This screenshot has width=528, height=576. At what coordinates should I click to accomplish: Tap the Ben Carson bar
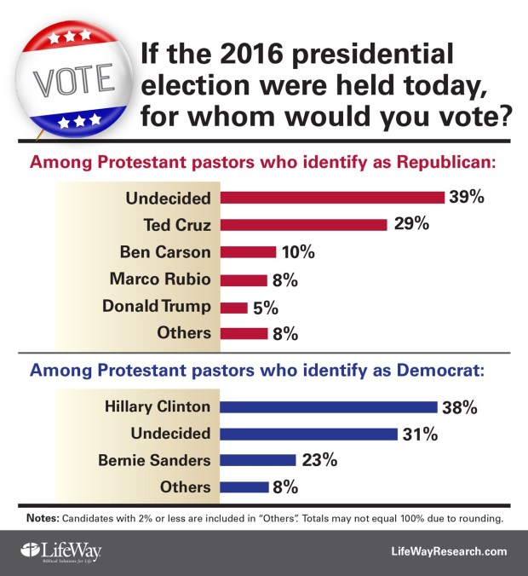(249, 252)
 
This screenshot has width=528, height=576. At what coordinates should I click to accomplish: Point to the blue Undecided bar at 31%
(309, 433)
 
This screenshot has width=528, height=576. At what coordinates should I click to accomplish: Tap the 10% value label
(298, 253)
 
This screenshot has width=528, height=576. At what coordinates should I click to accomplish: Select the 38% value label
(460, 407)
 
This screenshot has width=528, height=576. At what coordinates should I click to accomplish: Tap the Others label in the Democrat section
(184, 487)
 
